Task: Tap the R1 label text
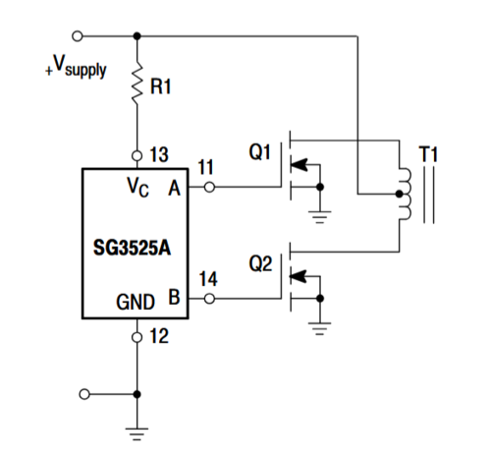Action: pyautogui.click(x=161, y=86)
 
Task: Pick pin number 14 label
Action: pyautogui.click(x=208, y=280)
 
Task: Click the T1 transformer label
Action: pyautogui.click(x=430, y=153)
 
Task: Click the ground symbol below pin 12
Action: pyautogui.click(x=136, y=429)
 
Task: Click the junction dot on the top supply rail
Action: pyautogui.click(x=136, y=36)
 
